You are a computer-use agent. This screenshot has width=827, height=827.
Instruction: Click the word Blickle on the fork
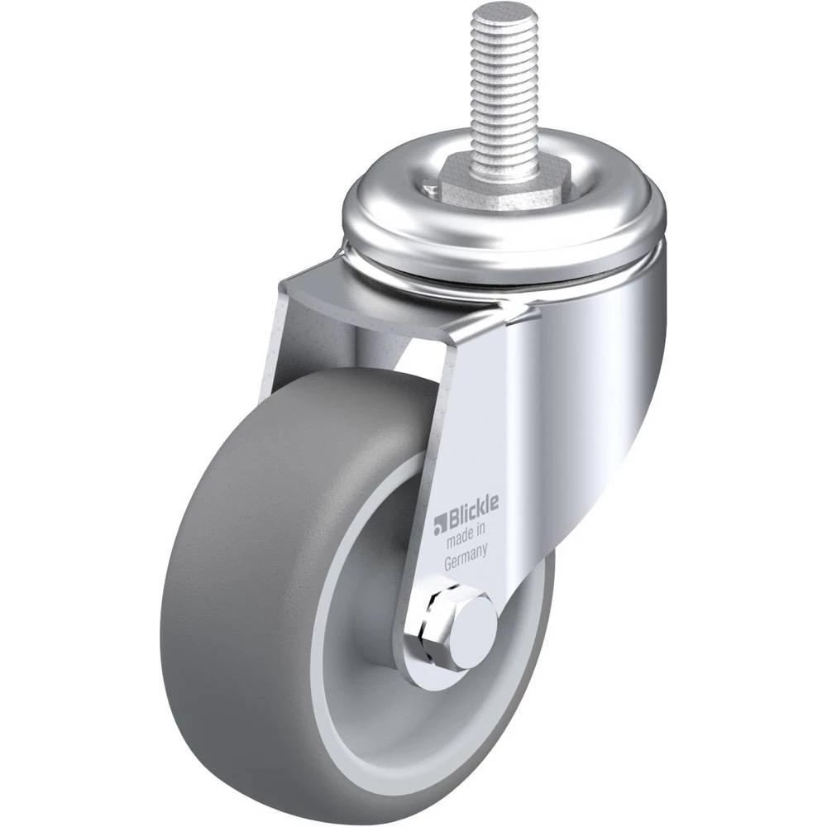click(472, 512)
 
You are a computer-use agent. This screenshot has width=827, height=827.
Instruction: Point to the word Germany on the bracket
click(465, 561)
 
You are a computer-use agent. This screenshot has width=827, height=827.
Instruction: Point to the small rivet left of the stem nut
click(428, 184)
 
